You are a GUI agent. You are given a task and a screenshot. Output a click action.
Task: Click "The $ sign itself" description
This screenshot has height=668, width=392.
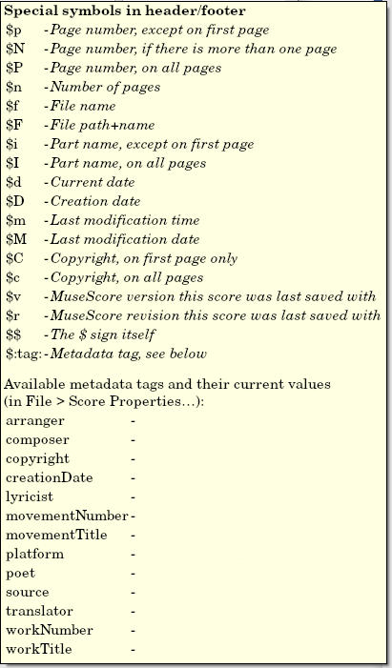(x=106, y=335)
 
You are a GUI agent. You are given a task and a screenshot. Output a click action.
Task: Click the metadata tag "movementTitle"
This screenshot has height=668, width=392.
(x=56, y=535)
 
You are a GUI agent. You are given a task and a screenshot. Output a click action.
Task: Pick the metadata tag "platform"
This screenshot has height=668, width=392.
(x=34, y=554)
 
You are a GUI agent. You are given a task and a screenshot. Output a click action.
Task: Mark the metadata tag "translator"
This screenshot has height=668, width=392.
(x=38, y=611)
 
